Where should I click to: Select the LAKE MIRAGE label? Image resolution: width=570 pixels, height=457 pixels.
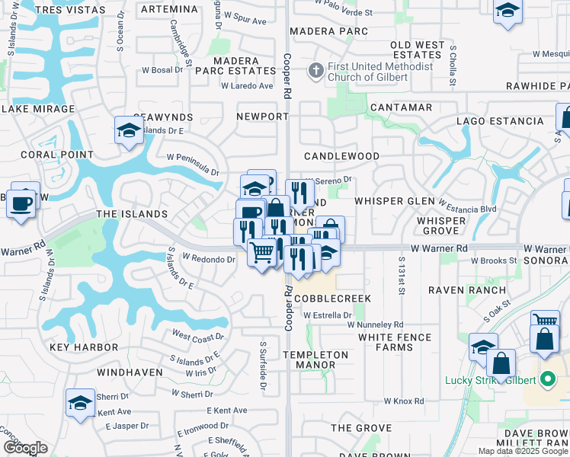coord(38,109)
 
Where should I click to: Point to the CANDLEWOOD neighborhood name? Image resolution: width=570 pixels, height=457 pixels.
coord(341,156)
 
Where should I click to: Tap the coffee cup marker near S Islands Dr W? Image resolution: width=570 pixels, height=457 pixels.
coord(21,203)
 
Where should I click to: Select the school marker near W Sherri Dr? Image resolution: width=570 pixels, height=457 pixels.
coord(81,404)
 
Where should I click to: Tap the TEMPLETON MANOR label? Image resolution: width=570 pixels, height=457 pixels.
coord(315,360)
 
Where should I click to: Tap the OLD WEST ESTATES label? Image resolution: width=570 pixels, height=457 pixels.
coord(417,50)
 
